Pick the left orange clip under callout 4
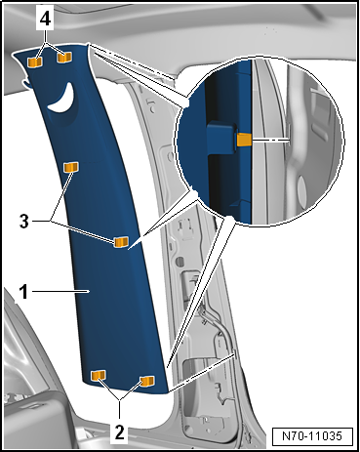point(34,61)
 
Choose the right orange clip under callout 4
point(64,57)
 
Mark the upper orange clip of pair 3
point(70,169)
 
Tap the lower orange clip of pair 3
point(122,242)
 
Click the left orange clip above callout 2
point(98,376)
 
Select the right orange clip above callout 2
point(148,380)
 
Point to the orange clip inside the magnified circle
point(244,139)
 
